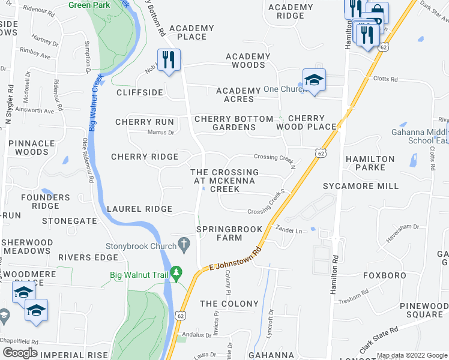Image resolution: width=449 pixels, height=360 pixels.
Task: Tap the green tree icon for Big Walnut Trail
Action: tap(176, 275)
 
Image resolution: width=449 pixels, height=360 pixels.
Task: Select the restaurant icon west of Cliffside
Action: tap(169, 60)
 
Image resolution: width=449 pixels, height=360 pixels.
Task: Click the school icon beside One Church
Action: tap(313, 80)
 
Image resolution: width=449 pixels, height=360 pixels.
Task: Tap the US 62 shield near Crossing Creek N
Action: tap(322, 154)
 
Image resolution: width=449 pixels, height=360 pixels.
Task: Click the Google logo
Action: tap(20, 352)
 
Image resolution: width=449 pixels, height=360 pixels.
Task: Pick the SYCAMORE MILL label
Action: tap(369, 186)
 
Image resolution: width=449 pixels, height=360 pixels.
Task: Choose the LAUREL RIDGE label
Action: tap(139, 209)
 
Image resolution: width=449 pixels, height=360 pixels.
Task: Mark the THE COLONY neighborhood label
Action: tap(229, 304)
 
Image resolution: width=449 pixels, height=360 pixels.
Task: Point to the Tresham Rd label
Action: tap(353, 296)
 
